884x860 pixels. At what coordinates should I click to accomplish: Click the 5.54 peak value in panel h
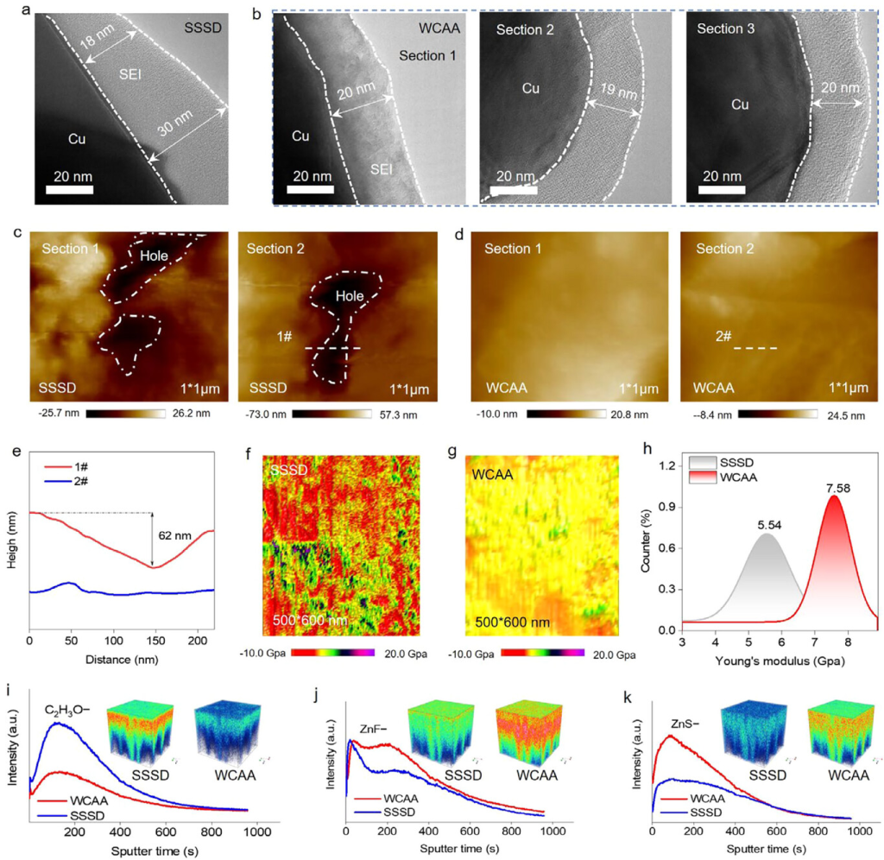click(766, 522)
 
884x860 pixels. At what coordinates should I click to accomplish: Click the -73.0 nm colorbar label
click(262, 415)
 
